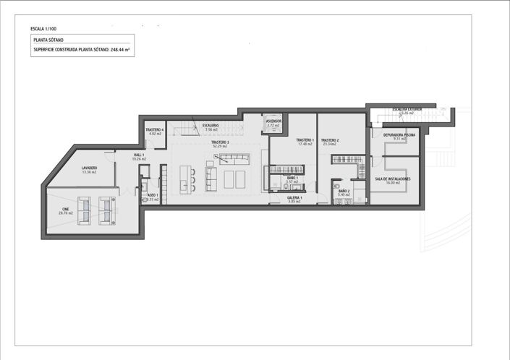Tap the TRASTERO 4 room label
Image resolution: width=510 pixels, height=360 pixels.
pyautogui.click(x=155, y=130)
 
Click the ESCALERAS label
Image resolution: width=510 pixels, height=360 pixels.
pyautogui.click(x=211, y=125)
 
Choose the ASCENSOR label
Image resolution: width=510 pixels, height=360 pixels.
pyautogui.click(x=273, y=121)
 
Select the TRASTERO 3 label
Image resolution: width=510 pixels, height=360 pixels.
pyautogui.click(x=220, y=142)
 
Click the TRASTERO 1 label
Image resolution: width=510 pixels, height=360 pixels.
pyautogui.click(x=305, y=140)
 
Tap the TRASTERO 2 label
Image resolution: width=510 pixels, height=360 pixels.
pyautogui.click(x=330, y=140)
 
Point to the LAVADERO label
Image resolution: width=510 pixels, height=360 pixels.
pyautogui.click(x=89, y=168)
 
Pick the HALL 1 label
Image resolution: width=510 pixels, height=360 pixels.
pyautogui.click(x=139, y=155)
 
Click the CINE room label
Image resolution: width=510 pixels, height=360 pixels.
pyautogui.click(x=65, y=210)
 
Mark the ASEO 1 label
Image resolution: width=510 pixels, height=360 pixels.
pyautogui.click(x=152, y=195)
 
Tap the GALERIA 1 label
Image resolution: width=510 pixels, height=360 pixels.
pyautogui.click(x=294, y=197)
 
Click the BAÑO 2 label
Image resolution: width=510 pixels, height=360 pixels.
pyautogui.click(x=344, y=192)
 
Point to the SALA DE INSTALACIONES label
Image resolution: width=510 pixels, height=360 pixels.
pyautogui.click(x=393, y=179)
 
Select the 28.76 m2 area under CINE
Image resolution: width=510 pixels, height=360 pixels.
pyautogui.click(x=65, y=214)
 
